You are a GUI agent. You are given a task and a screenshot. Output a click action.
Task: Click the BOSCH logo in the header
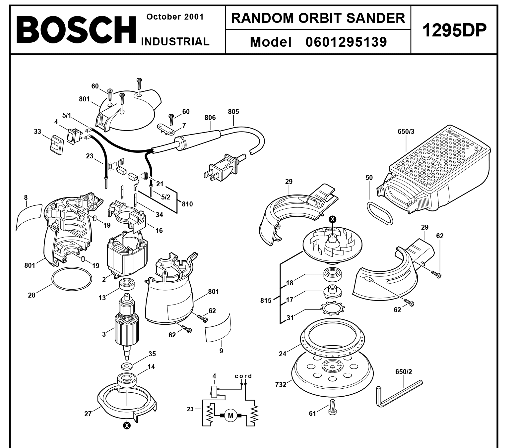tap(76, 30)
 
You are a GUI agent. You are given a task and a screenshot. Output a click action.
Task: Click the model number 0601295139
tap(346, 42)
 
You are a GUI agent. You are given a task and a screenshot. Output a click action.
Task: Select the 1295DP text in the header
tap(454, 30)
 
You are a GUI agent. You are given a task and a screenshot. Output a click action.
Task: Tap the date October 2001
tap(175, 17)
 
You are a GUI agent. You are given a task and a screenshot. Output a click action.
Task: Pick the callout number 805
tap(233, 112)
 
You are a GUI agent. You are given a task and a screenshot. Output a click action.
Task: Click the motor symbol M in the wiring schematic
tap(230, 416)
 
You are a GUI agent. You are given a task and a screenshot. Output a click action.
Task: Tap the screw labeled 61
tap(332, 407)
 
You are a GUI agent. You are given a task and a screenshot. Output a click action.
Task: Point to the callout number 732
tap(281, 384)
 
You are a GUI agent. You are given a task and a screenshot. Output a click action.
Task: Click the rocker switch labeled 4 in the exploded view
tap(74, 137)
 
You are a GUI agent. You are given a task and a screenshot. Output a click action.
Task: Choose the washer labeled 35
tap(127, 366)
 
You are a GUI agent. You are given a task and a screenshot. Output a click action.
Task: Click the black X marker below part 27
tap(127, 426)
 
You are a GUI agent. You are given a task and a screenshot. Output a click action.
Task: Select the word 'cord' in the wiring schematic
tap(243, 376)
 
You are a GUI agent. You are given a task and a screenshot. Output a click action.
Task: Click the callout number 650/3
tap(406, 132)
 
